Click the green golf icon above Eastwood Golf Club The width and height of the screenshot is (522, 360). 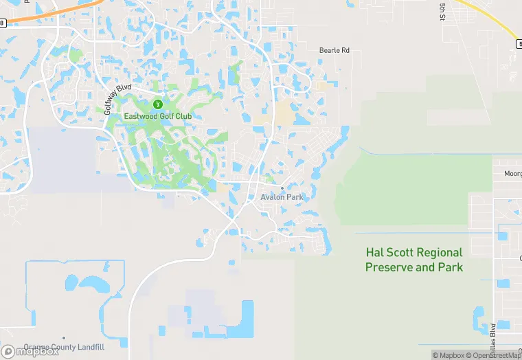click(157, 104)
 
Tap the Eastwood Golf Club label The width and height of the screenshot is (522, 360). click(157, 116)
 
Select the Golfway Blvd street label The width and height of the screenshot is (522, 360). click(117, 100)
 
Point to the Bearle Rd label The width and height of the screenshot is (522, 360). click(334, 50)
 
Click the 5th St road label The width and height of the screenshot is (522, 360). click(442, 10)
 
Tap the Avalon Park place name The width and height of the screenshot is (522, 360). click(282, 197)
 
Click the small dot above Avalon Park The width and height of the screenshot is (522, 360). click(282, 188)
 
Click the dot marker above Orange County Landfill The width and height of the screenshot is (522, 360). click(63, 338)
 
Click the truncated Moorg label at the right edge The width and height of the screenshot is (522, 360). click(512, 174)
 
